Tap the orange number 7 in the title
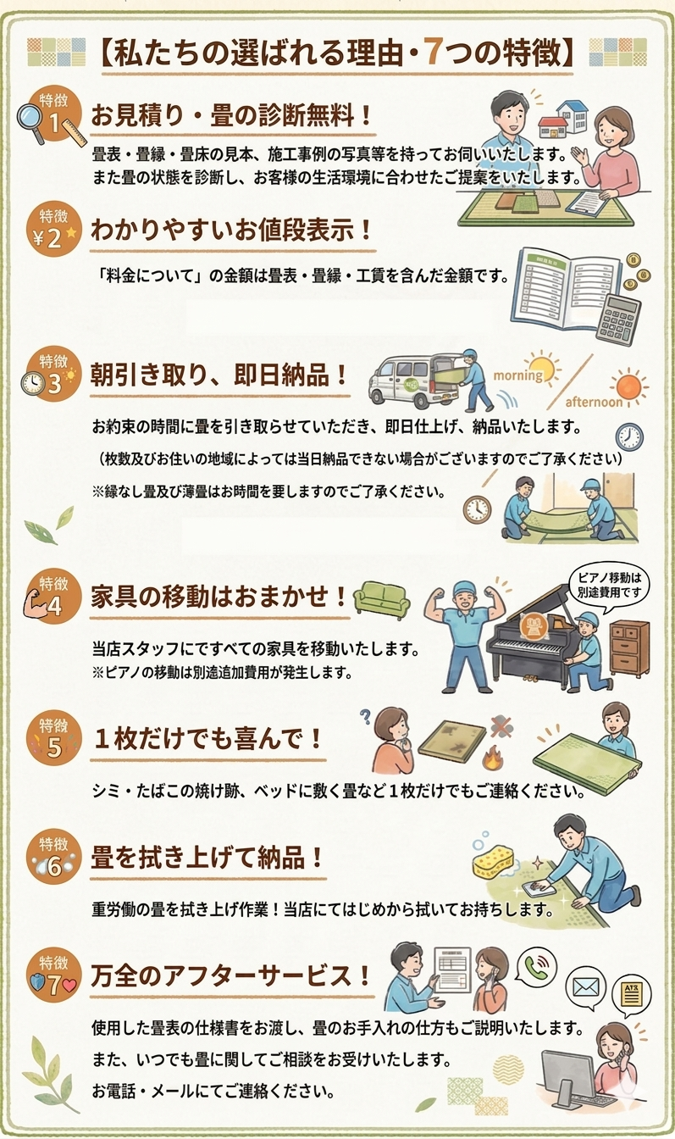coord(435,53)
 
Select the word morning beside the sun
coord(517,375)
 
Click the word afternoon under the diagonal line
coord(595,403)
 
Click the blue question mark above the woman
coord(364,718)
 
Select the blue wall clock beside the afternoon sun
coord(629,436)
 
